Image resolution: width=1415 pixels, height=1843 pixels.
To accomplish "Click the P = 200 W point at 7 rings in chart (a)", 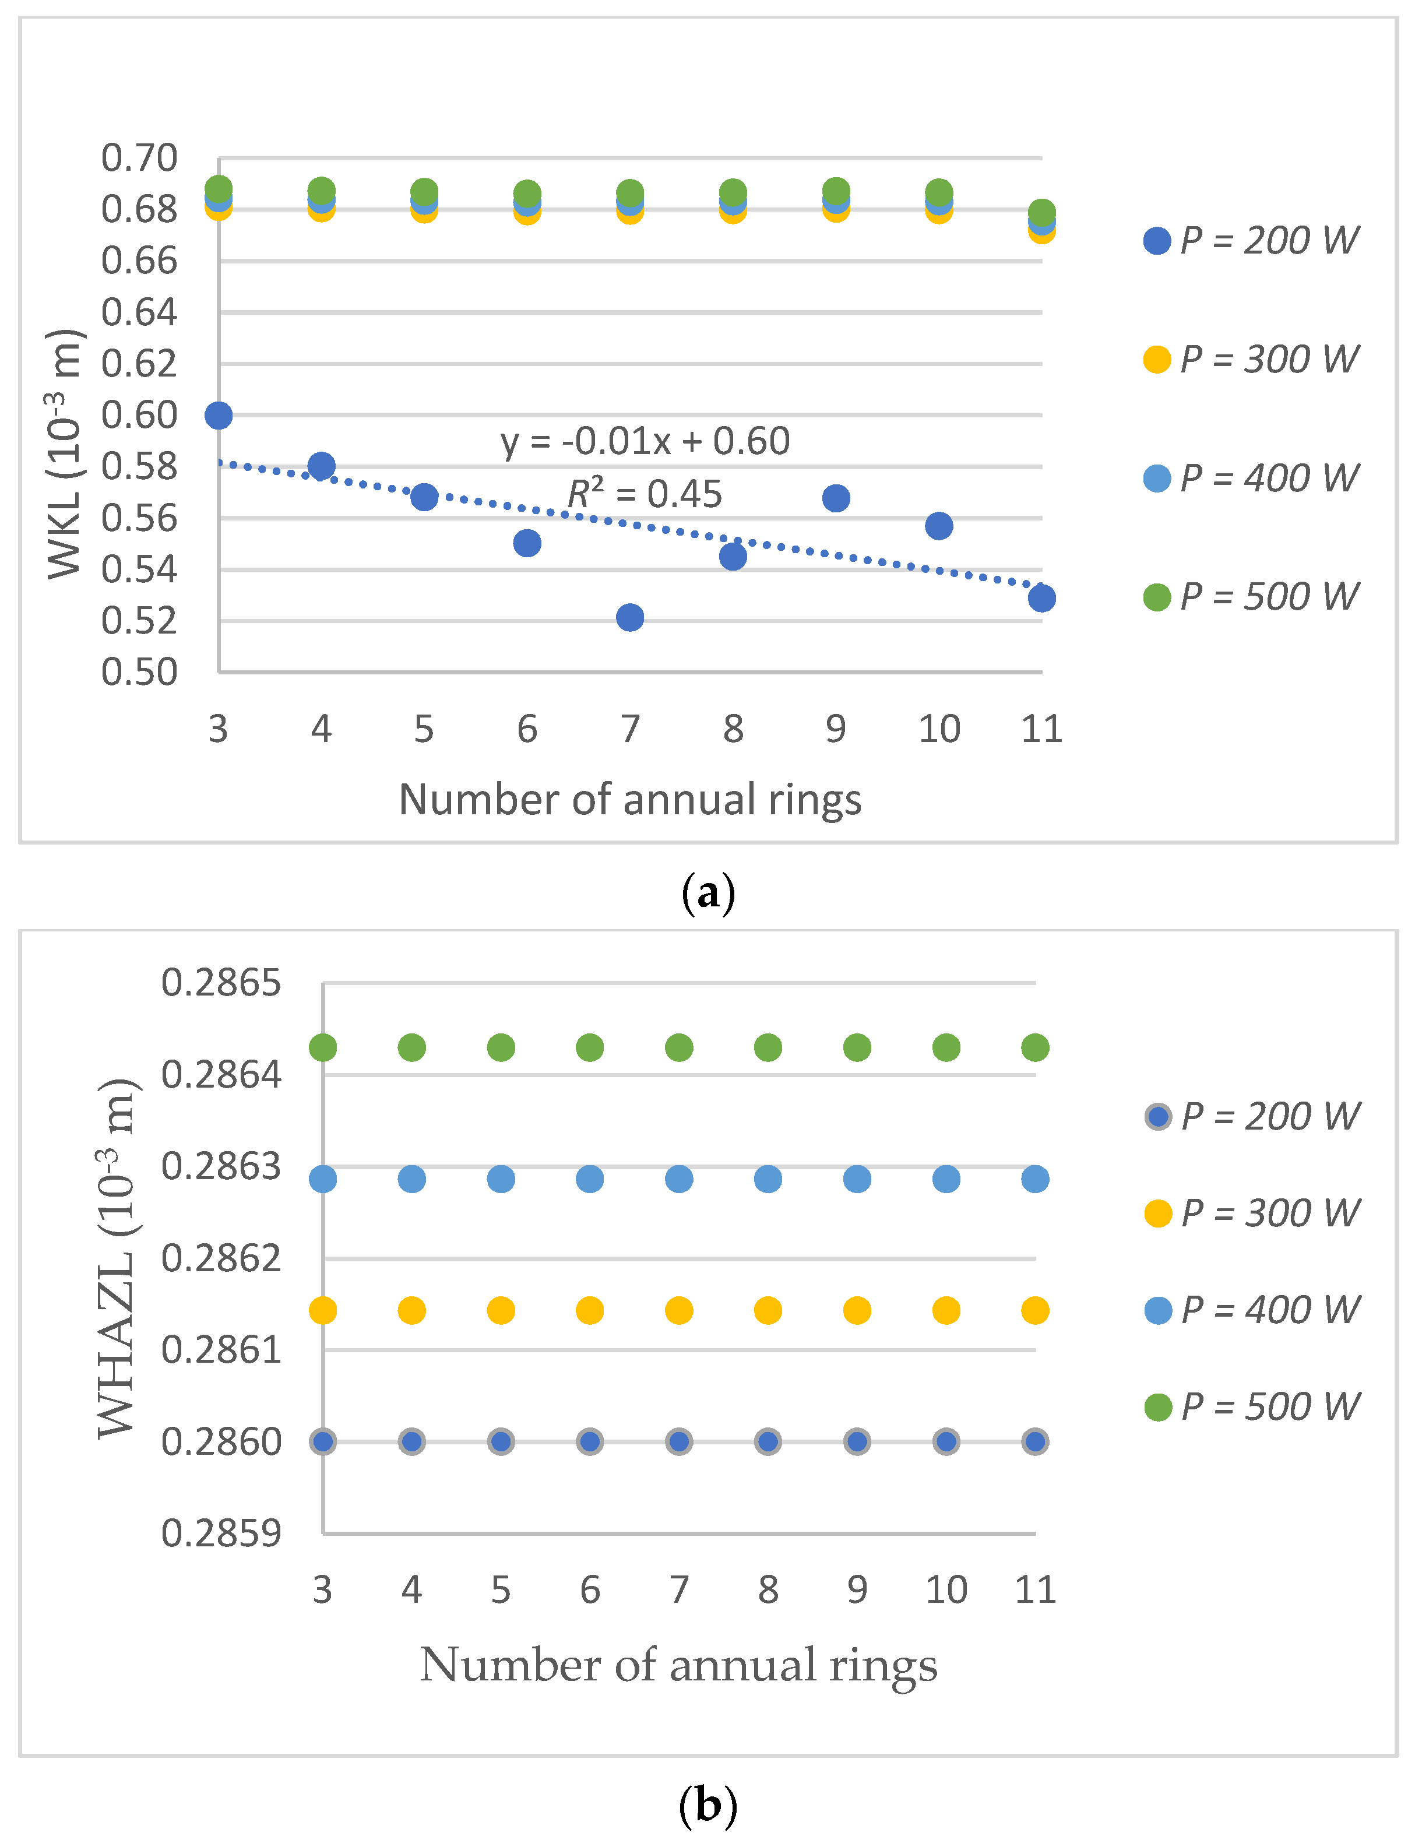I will pos(630,617).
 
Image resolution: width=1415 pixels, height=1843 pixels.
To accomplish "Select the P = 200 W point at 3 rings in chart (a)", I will pos(218,415).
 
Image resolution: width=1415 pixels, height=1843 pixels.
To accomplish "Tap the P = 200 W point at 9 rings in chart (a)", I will pos(836,498).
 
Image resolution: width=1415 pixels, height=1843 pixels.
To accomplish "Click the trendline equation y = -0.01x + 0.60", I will pos(645,441).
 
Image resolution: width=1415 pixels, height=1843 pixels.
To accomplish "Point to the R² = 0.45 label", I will pos(645,494).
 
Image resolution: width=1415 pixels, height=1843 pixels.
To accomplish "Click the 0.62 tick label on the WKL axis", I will pos(139,364).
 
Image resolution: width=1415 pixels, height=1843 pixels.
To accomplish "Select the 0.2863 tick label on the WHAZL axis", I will pos(221,1167).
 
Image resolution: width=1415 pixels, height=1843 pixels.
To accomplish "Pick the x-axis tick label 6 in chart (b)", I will pos(590,1590).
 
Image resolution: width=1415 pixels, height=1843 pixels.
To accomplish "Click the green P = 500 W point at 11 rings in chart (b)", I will pos(1035,1048).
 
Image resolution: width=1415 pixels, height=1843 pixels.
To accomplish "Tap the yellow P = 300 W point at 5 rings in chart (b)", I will pos(501,1311).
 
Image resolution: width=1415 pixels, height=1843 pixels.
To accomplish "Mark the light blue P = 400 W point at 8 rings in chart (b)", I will pos(768,1179).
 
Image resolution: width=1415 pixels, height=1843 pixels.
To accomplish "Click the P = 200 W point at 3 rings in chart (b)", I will pos(323,1442).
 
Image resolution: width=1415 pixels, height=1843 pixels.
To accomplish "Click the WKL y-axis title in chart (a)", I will pos(66,455).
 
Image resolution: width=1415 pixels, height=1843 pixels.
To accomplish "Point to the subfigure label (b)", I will pos(707,1805).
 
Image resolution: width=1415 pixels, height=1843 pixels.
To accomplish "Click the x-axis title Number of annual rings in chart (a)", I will pos(630,799).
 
